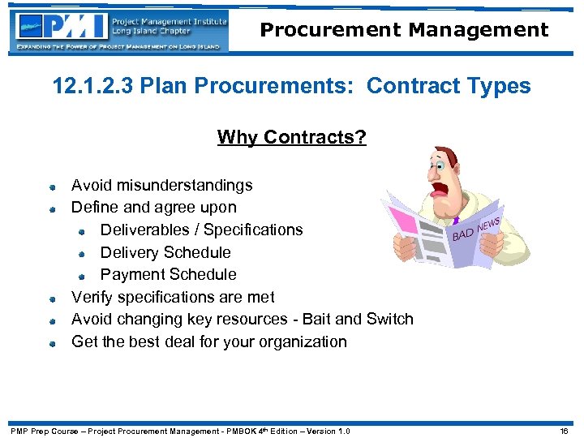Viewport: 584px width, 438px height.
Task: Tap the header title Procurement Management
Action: click(x=404, y=30)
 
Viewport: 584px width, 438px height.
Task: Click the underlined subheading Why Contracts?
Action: click(x=291, y=137)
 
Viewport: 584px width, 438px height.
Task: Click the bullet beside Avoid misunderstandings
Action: click(x=52, y=187)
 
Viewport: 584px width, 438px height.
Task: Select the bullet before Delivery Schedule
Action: click(x=82, y=254)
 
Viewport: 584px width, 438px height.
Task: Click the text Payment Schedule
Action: click(x=168, y=274)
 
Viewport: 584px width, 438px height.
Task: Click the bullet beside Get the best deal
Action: click(x=52, y=343)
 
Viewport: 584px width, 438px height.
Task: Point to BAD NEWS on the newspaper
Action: click(x=476, y=228)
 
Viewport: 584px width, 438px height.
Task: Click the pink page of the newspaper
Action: click(x=410, y=229)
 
